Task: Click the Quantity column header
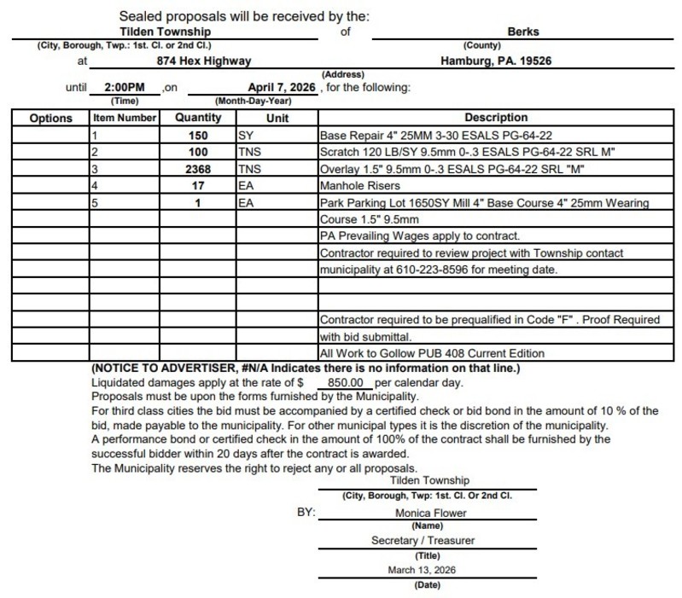[x=198, y=118]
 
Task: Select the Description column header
[x=496, y=118]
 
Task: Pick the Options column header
[x=51, y=118]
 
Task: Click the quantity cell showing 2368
[x=199, y=170]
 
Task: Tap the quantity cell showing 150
[x=199, y=136]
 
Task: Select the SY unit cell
[x=245, y=136]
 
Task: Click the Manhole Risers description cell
[x=359, y=187]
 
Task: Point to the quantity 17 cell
[x=199, y=187]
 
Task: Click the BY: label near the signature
[x=303, y=514]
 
